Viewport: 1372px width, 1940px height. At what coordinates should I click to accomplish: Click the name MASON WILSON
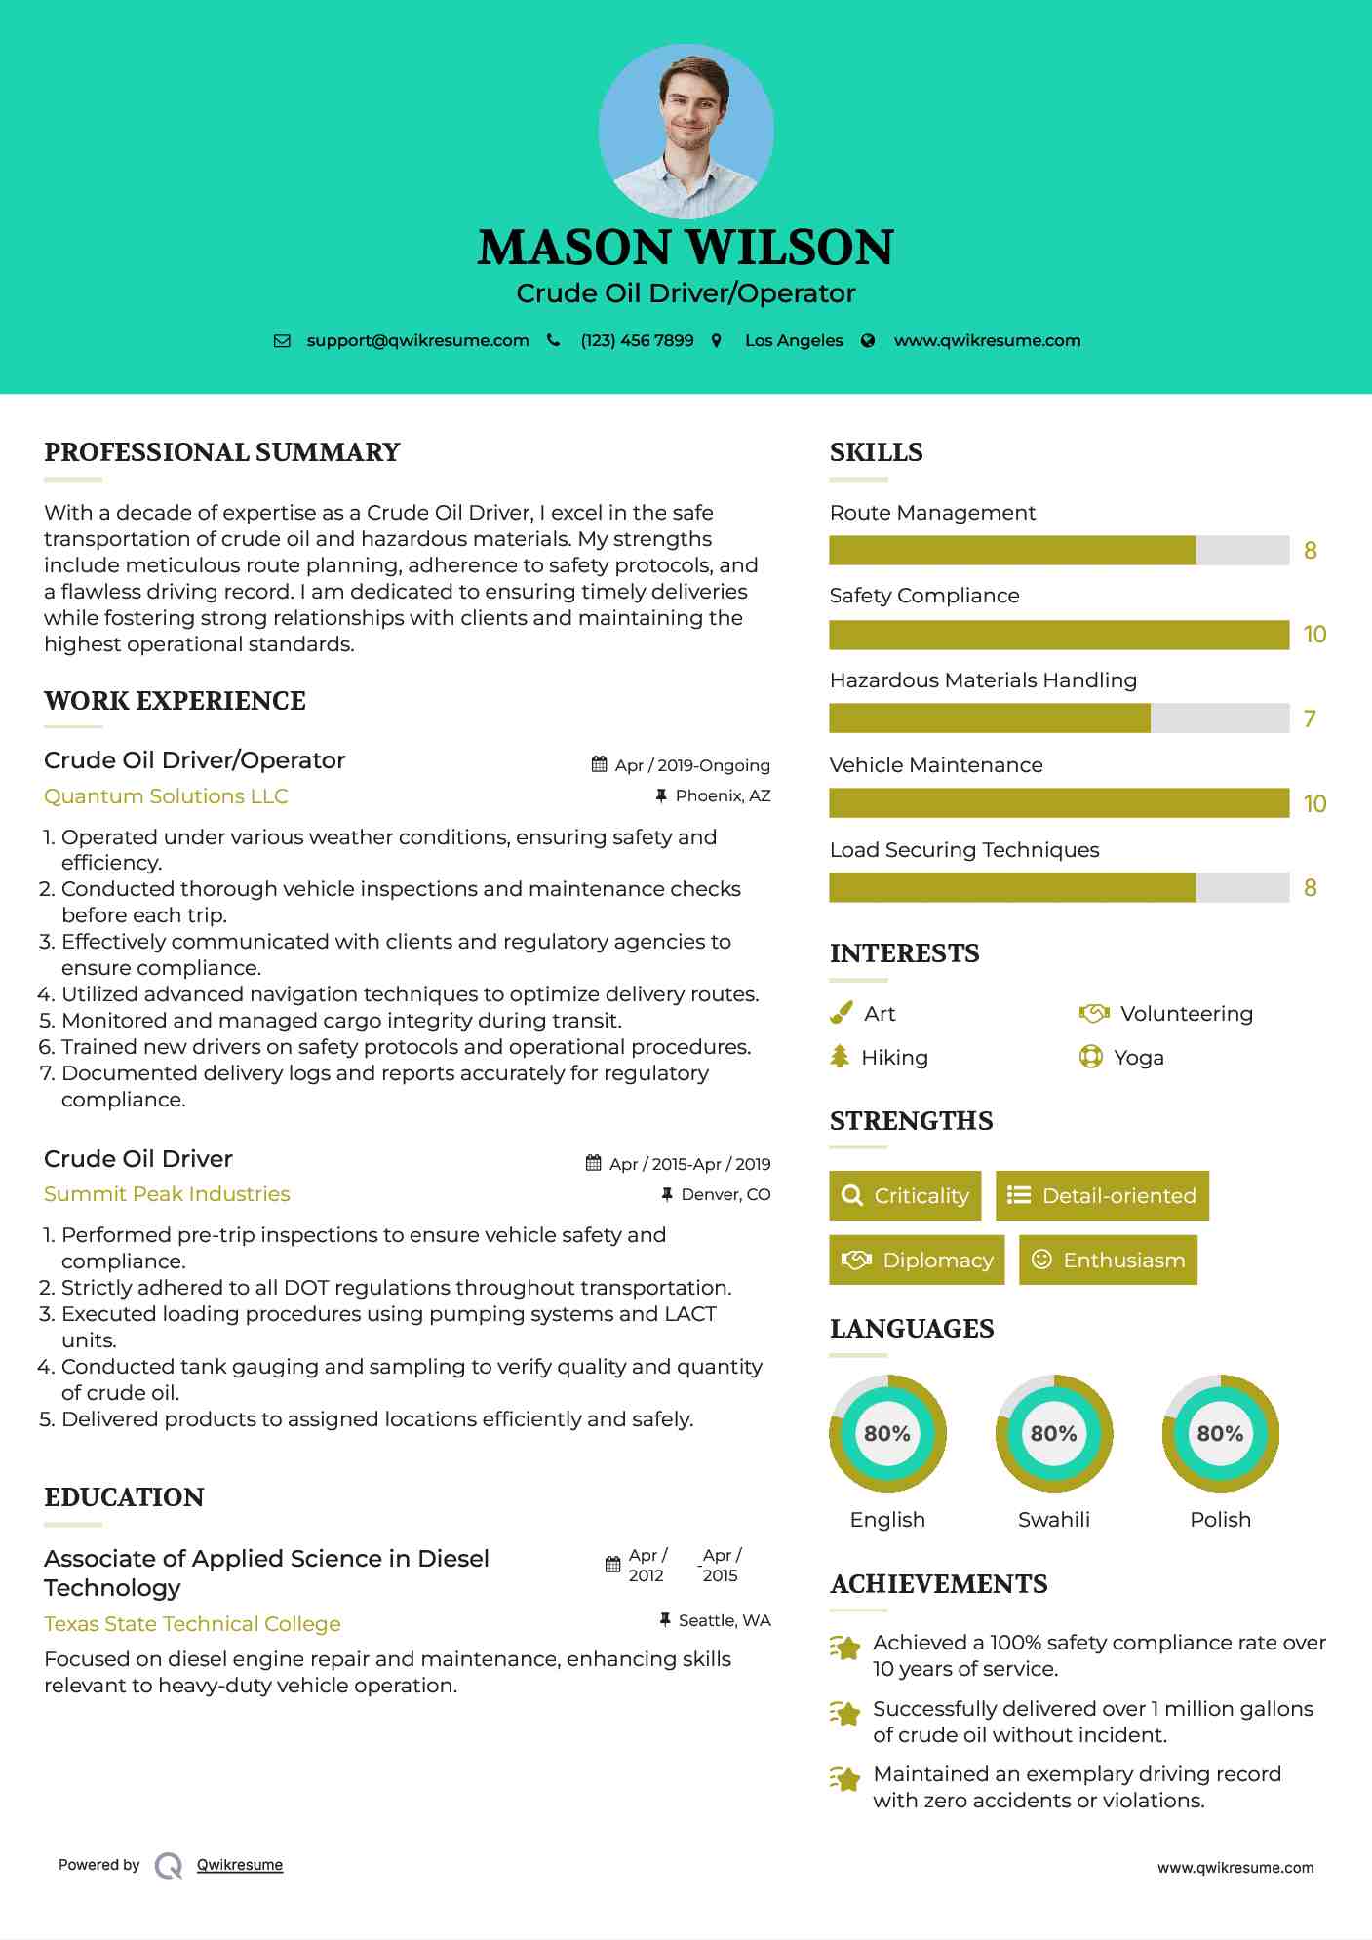tap(686, 248)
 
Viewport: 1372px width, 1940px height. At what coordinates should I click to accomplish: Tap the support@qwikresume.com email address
tap(417, 341)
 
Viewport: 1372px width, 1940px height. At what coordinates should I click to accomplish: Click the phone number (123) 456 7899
tap(637, 341)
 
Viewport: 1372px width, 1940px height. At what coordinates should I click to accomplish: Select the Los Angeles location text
tap(794, 341)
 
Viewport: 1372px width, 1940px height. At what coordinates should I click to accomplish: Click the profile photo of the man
tap(686, 131)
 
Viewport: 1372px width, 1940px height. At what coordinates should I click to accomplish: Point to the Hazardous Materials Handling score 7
tap(1310, 719)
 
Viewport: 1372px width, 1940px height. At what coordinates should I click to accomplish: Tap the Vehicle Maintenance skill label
tap(936, 765)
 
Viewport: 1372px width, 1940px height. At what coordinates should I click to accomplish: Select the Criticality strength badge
tap(905, 1196)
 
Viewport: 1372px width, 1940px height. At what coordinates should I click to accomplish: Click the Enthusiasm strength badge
tap(1108, 1261)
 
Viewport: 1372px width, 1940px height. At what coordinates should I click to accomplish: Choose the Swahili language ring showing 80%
tap(1054, 1433)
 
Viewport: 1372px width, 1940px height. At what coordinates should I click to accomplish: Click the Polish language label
tap(1220, 1520)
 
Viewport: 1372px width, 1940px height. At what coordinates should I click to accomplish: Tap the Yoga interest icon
tap(1091, 1058)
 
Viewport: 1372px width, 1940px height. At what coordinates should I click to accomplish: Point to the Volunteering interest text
tap(1187, 1014)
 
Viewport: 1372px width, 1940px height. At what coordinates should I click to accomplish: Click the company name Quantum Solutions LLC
tap(166, 796)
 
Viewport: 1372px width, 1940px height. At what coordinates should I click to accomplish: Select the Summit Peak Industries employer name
tap(167, 1194)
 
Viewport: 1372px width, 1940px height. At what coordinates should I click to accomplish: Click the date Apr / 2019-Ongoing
tap(692, 766)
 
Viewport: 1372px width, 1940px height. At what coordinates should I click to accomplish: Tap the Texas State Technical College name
tap(192, 1624)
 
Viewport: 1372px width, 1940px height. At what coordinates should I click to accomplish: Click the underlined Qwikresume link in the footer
tap(240, 1865)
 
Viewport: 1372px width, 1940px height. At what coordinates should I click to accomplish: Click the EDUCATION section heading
tap(124, 1497)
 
